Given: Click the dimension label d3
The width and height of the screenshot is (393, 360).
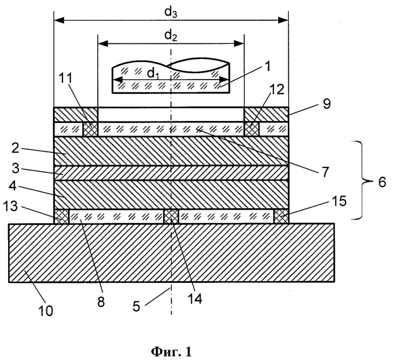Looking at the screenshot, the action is (171, 13).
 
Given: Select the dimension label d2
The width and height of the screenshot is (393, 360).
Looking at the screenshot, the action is (171, 36).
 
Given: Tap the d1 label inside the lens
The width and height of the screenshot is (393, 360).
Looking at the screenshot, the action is (153, 74).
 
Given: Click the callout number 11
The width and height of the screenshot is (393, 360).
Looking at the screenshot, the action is (65, 79).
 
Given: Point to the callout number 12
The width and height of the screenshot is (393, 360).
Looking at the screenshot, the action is (277, 89).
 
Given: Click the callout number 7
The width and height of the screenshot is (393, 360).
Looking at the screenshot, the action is (325, 172).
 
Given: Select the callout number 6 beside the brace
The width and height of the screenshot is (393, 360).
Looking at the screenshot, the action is (382, 182).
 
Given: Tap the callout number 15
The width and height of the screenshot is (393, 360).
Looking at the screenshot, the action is (339, 201).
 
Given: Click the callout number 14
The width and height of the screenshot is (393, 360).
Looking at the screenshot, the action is (195, 298).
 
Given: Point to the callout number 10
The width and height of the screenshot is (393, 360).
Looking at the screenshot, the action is (46, 311).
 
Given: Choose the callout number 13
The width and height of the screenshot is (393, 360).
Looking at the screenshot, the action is (11, 206).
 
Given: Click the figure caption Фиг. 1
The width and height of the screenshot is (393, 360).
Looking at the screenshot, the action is (171, 352).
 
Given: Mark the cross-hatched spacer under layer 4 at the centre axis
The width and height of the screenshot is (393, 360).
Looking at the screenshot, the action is (171, 216).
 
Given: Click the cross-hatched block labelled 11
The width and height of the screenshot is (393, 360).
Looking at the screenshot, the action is (90, 129).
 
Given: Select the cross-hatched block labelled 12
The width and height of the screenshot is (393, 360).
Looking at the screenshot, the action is (251, 129).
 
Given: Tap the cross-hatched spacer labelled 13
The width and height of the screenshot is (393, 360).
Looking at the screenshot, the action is (61, 216).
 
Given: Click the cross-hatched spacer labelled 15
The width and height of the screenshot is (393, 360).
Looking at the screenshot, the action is (281, 216).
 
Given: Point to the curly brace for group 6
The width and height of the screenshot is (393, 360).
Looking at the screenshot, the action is (364, 181).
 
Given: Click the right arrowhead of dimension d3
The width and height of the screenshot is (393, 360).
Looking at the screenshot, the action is (283, 21).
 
